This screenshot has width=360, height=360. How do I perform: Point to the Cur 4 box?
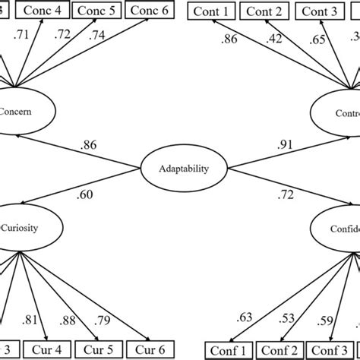pyautogui.click(x=46, y=351)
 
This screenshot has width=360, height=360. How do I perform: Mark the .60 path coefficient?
pyautogui.click(x=85, y=195)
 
